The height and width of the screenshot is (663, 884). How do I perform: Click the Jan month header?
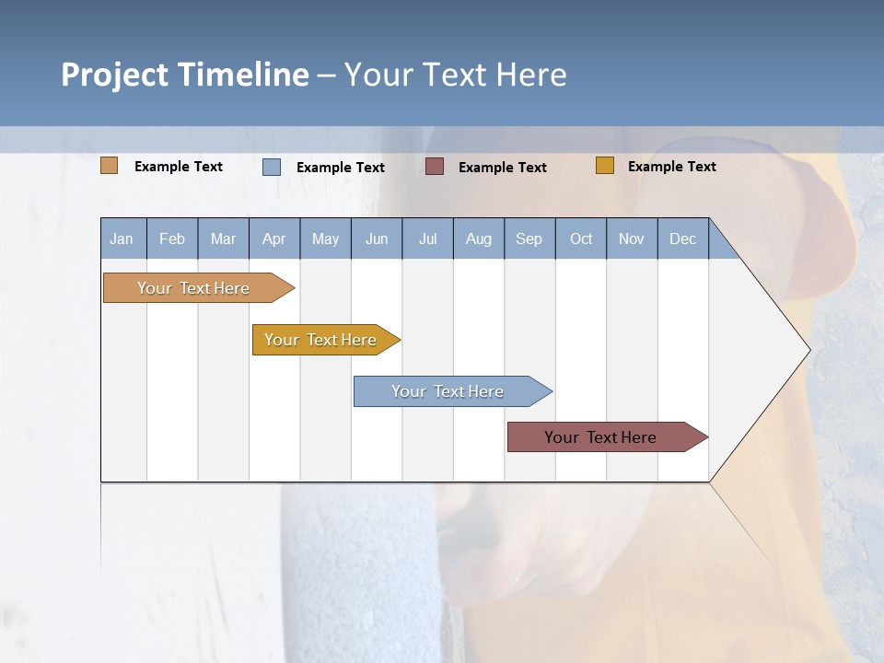click(122, 238)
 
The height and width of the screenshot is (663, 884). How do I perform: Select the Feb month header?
click(172, 238)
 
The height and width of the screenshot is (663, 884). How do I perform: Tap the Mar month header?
click(223, 238)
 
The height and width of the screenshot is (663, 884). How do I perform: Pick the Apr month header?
click(273, 238)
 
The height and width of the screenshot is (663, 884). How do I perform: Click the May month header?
click(325, 238)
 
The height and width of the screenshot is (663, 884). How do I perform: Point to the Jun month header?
click(377, 238)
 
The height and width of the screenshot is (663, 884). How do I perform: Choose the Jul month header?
click(427, 238)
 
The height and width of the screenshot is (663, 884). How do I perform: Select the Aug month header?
click(478, 238)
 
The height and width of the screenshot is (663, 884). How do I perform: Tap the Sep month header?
click(529, 238)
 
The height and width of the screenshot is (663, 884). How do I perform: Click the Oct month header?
click(581, 238)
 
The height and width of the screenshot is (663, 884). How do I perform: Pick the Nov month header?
click(632, 238)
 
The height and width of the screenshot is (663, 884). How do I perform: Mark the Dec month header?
click(682, 238)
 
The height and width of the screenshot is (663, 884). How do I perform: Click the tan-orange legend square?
click(110, 166)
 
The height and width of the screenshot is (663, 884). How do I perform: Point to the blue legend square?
click(272, 167)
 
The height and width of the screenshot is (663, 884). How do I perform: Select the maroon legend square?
click(435, 167)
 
